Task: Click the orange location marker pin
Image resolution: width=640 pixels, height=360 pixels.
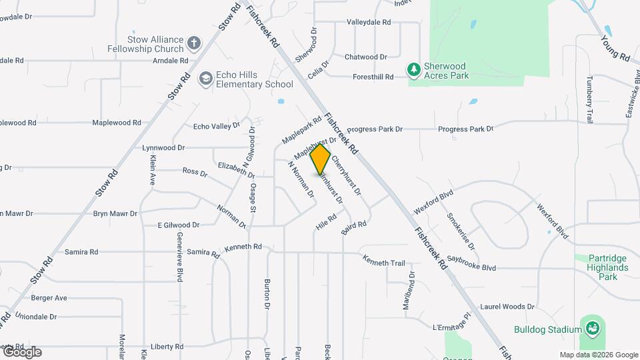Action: [x=321, y=159]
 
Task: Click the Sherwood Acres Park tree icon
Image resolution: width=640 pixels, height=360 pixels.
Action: [x=414, y=69]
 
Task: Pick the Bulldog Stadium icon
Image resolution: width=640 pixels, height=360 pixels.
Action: [x=591, y=328]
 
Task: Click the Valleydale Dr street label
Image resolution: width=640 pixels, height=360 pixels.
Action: [x=368, y=22]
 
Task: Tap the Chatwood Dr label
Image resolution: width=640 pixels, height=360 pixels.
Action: [x=366, y=57]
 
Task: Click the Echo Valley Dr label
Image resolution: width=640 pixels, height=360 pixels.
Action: [x=216, y=126]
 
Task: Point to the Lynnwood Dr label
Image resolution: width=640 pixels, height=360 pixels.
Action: [x=163, y=147]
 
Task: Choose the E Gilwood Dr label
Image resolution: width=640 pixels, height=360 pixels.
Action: [x=178, y=225]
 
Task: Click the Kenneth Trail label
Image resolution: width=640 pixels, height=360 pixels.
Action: [x=383, y=263]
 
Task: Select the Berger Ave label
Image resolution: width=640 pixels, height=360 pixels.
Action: [x=49, y=298]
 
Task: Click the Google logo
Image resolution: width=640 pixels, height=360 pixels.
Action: [x=21, y=352]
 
